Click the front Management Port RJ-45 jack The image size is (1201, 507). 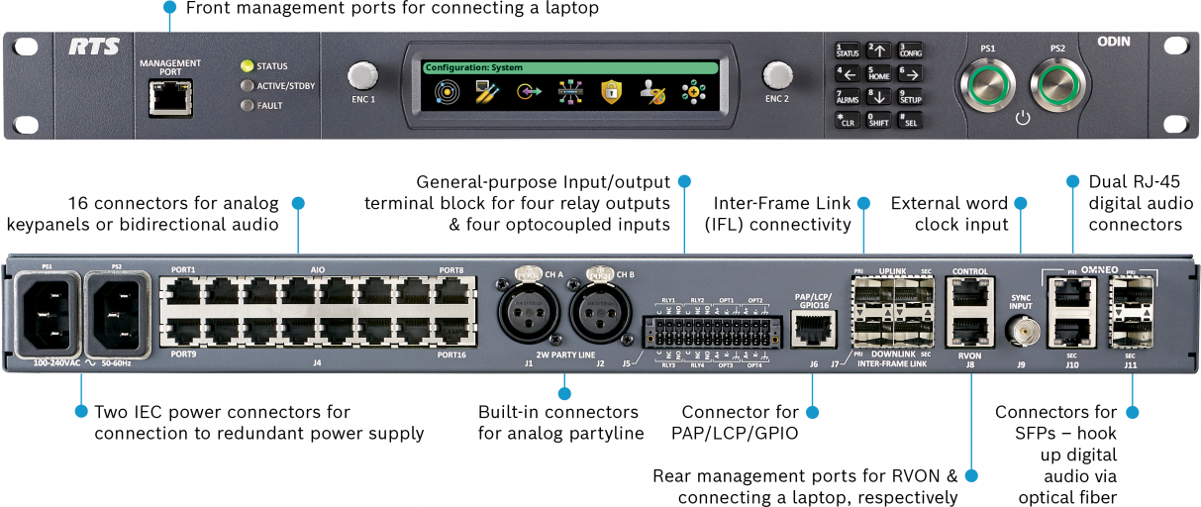point(169,97)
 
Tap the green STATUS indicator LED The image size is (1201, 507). point(247,66)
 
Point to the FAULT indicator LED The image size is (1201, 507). point(247,105)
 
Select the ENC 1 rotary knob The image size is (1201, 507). point(363,76)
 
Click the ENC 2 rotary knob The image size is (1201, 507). point(777,76)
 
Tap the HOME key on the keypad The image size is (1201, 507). point(878,73)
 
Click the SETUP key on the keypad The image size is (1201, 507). point(909,97)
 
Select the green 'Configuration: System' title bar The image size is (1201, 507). point(569,68)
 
